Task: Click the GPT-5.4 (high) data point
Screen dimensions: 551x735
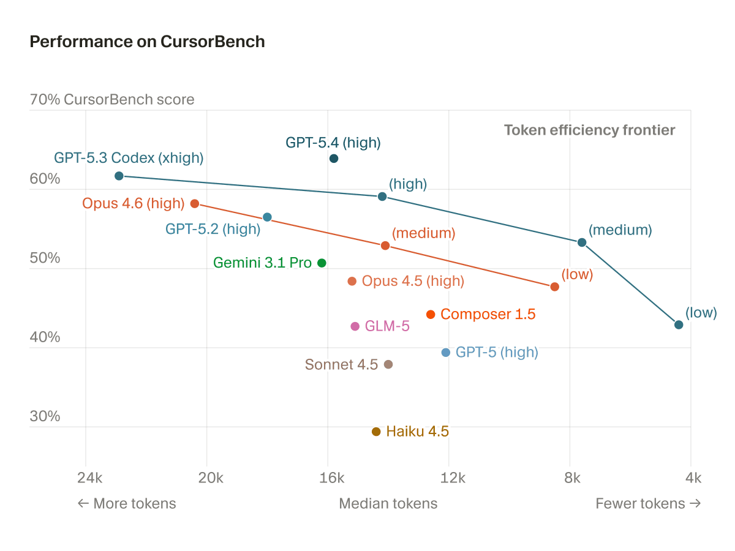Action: click(334, 159)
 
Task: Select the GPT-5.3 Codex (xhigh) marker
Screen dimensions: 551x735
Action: click(119, 176)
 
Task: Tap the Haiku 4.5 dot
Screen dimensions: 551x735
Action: click(376, 432)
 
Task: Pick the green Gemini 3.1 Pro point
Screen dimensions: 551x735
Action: click(322, 263)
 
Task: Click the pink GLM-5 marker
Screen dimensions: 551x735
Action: click(355, 326)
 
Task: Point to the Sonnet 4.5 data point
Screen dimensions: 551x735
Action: click(388, 364)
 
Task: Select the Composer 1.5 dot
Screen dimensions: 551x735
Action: click(431, 314)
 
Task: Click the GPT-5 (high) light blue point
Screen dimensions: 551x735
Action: click(446, 352)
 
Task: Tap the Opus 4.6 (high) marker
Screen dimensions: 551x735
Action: click(195, 203)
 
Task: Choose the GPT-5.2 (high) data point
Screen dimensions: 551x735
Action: click(267, 217)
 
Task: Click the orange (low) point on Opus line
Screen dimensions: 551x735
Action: click(555, 287)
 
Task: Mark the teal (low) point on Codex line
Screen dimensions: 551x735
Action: click(679, 324)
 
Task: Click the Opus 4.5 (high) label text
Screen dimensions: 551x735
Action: click(413, 281)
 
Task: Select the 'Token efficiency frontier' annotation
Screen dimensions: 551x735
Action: click(589, 130)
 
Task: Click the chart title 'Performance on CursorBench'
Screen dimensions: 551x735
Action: click(147, 42)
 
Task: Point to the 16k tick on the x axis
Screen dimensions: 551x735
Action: click(331, 478)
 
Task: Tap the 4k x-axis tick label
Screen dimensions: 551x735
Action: click(692, 478)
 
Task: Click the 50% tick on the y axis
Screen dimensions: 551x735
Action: click(45, 258)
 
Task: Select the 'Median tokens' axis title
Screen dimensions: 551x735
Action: click(388, 503)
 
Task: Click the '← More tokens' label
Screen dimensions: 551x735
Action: click(127, 503)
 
